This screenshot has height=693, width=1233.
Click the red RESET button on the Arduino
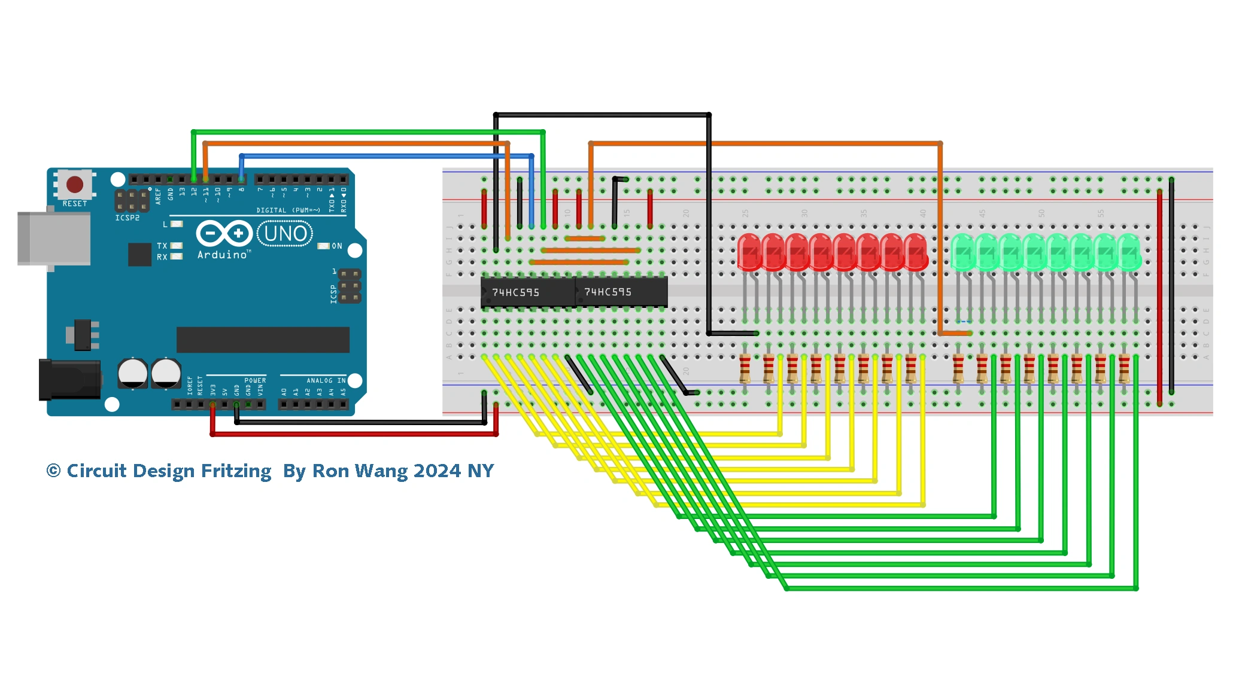(75, 184)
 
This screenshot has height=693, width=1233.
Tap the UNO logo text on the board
(286, 233)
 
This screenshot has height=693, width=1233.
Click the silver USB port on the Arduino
(54, 238)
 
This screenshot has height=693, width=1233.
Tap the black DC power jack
(69, 380)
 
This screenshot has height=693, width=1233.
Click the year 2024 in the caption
(438, 471)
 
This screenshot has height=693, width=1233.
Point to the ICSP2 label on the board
(127, 218)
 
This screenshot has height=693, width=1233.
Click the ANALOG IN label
(326, 380)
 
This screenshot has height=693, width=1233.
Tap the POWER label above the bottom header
(255, 380)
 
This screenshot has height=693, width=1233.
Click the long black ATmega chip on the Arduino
(263, 340)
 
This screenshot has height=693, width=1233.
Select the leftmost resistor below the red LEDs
(745, 368)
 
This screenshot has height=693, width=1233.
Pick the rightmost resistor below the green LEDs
(1124, 368)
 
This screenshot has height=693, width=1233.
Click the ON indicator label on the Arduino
(337, 246)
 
